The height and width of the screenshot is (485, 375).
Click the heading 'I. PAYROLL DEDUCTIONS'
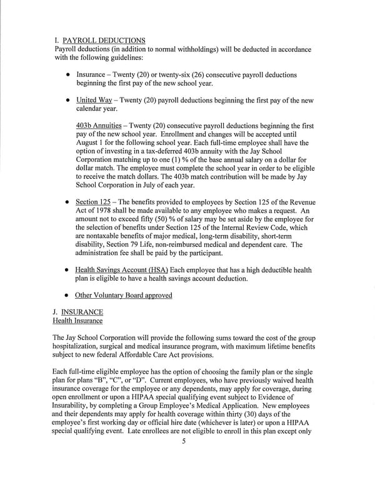[100, 41]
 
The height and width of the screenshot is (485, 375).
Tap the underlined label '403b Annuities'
[99, 126]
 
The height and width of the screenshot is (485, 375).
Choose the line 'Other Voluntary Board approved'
[123, 295]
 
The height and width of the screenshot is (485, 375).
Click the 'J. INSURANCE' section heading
[79, 312]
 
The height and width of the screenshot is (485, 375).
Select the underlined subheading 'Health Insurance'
[77, 321]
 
